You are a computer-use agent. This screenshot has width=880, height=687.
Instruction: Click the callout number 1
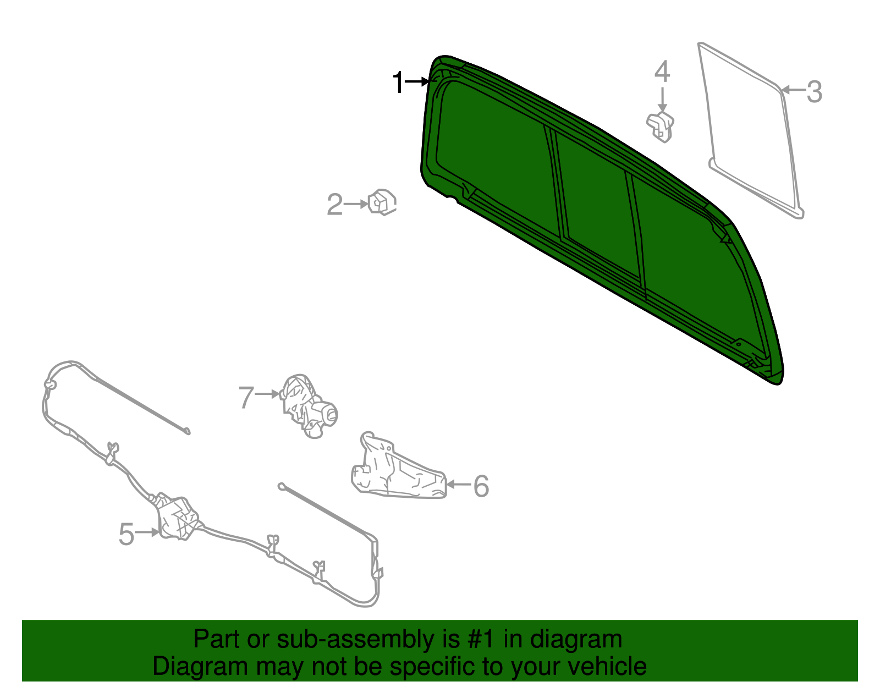click(x=398, y=83)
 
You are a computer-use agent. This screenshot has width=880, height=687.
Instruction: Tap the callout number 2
click(x=334, y=205)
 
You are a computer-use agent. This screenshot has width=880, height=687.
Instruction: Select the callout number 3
click(x=814, y=92)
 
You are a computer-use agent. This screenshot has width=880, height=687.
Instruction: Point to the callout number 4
click(x=662, y=72)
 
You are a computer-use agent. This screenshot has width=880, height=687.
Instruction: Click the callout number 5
click(x=127, y=534)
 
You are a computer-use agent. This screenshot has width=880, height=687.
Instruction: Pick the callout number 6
click(x=481, y=486)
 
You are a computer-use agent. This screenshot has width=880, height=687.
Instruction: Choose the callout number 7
click(x=246, y=397)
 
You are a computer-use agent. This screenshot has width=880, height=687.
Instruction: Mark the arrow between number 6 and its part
click(x=459, y=485)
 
